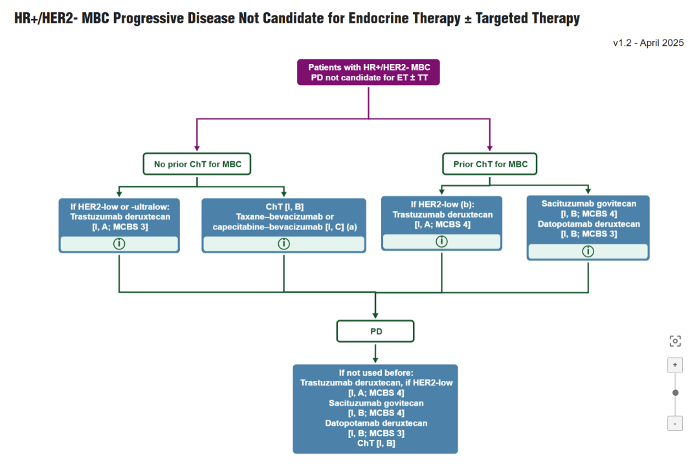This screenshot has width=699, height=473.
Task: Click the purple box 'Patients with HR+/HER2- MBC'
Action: [368, 72]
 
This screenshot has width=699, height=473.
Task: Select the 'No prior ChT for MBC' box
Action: [197, 164]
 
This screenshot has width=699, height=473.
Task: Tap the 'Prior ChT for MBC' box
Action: [490, 164]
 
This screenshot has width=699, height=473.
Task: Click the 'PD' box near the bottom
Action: [375, 331]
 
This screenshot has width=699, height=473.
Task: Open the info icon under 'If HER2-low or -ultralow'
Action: [119, 244]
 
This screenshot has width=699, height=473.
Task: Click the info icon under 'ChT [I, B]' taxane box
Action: [283, 244]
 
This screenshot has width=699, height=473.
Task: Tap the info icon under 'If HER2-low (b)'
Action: [441, 242]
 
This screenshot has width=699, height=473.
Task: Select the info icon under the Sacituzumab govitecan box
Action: [588, 251]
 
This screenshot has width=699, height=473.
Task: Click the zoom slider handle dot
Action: [675, 393]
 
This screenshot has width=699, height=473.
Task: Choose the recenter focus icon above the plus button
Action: [675, 341]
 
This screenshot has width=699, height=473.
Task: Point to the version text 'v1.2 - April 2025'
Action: [648, 43]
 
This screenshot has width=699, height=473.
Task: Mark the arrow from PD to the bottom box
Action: [375, 353]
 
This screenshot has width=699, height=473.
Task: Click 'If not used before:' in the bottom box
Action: [375, 373]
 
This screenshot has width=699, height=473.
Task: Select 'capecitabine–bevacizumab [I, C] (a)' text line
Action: [283, 227]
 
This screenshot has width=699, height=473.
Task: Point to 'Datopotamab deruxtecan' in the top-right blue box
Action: [588, 224]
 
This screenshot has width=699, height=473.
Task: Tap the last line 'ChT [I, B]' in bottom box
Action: [375, 443]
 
